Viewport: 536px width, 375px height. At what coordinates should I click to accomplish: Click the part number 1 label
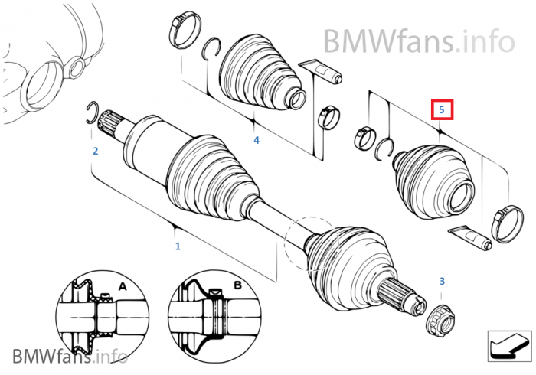pyautogui.click(x=178, y=246)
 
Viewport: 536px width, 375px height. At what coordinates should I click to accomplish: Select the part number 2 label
pyautogui.click(x=95, y=152)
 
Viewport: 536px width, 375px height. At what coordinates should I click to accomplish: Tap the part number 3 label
pyautogui.click(x=442, y=282)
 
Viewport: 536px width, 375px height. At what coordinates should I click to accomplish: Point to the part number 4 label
pyautogui.click(x=257, y=140)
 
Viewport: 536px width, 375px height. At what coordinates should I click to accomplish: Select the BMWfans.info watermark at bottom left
pyautogui.click(x=69, y=356)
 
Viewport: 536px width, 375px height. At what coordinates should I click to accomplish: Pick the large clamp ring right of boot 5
pyautogui.click(x=506, y=223)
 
